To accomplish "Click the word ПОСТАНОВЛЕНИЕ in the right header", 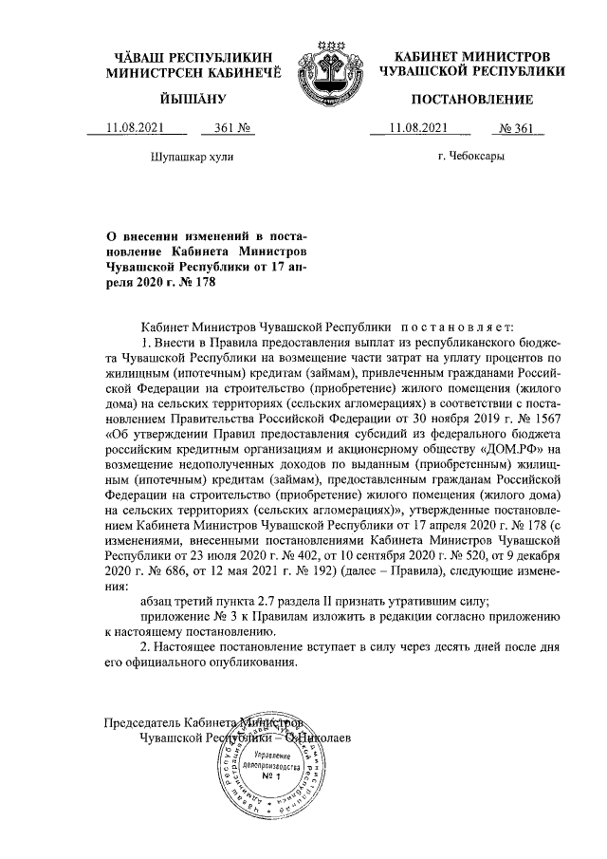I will [x=471, y=100].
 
